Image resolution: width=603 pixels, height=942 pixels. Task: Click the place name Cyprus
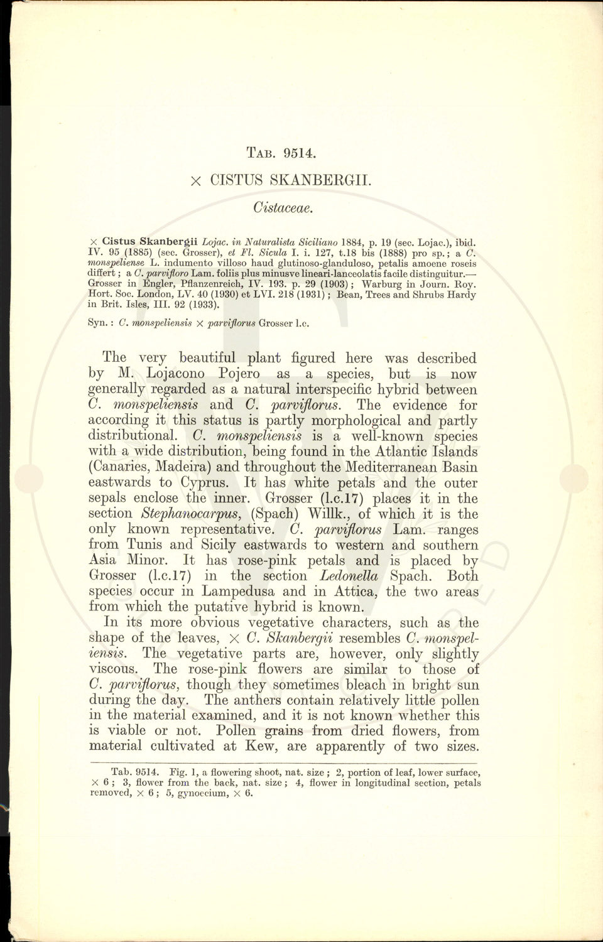[210, 483]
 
